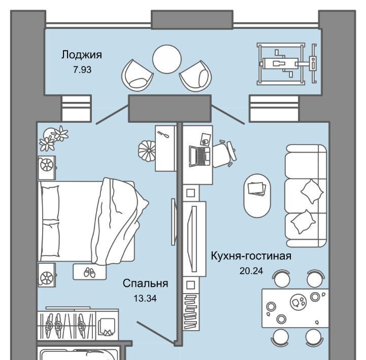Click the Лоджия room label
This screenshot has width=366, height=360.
click(x=82, y=55)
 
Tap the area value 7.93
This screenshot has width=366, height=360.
click(x=82, y=69)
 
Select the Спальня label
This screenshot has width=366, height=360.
click(x=145, y=283)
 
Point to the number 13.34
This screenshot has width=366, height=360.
click(x=145, y=298)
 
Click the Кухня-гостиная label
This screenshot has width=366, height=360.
click(x=251, y=256)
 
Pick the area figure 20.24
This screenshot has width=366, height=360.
click(x=251, y=271)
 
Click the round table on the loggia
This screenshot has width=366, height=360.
click(x=167, y=59)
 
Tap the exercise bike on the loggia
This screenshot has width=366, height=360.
click(x=287, y=64)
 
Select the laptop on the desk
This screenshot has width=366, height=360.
click(x=199, y=156)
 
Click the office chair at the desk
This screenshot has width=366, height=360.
click(x=224, y=154)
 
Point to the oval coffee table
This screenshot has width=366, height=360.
click(x=257, y=196)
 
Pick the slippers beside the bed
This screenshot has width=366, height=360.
click(x=90, y=272)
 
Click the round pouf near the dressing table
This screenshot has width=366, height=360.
click(x=147, y=151)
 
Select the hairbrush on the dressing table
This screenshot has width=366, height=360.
click(x=162, y=135)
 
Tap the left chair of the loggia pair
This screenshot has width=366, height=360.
click(x=137, y=75)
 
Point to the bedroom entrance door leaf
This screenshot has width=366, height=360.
click(x=156, y=333)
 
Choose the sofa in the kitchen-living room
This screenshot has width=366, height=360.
click(x=306, y=196)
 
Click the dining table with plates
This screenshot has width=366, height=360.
click(x=295, y=308)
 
